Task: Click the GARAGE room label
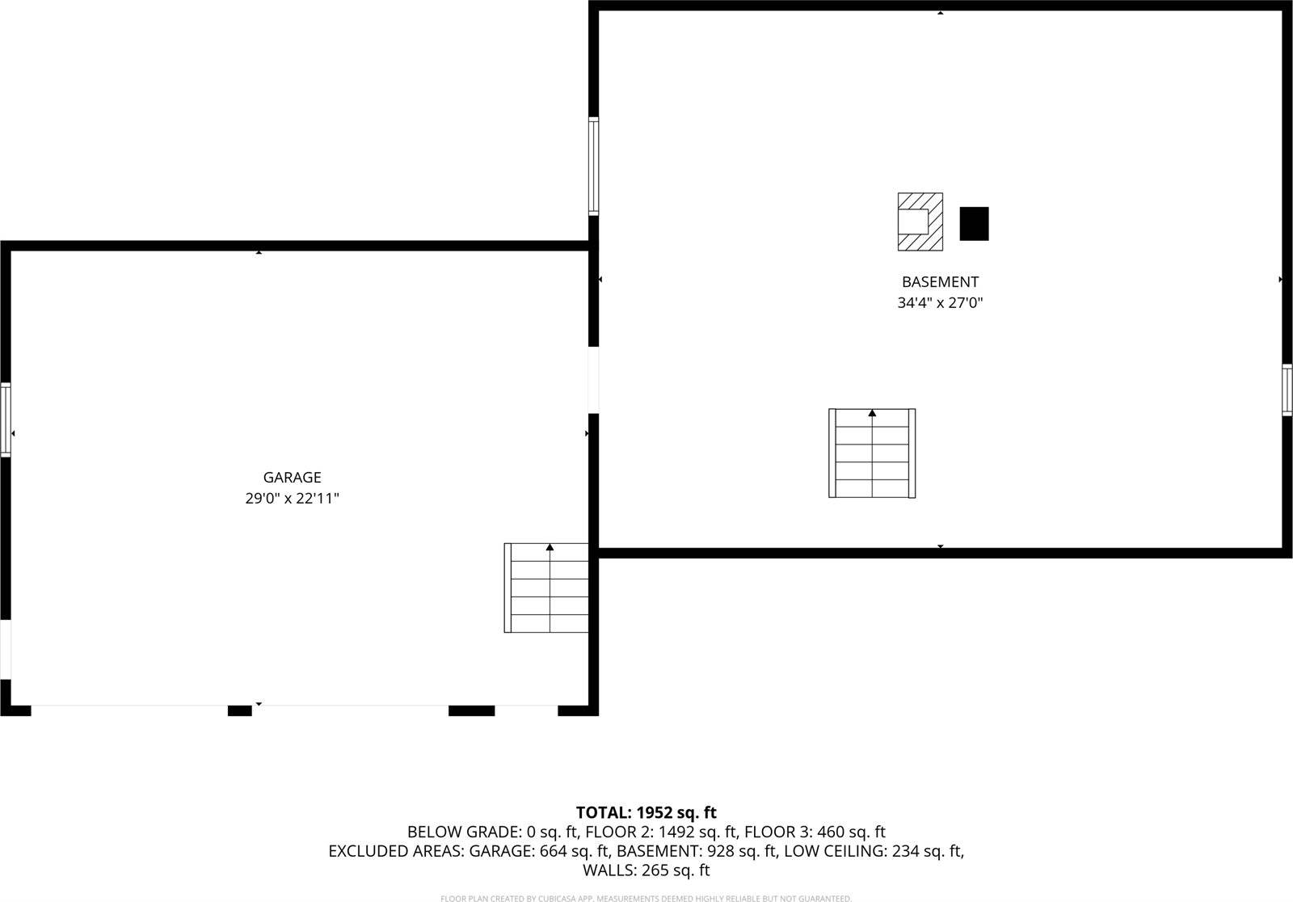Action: point(292,478)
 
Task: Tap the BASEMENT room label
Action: point(940,282)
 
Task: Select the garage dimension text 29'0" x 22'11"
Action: point(292,499)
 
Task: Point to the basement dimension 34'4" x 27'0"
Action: point(940,303)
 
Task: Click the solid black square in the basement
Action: point(974,224)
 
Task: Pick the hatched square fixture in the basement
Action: point(920,221)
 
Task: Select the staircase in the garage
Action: point(547,588)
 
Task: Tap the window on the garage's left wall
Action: point(6,419)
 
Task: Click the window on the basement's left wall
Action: point(593,166)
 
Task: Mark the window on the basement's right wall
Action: point(1287,390)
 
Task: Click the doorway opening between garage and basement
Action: point(593,380)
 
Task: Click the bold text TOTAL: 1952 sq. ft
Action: point(646,813)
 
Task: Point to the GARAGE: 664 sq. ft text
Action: point(539,851)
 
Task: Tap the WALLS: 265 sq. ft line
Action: point(646,870)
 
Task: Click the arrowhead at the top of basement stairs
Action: point(872,413)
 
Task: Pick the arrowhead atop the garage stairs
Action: point(550,547)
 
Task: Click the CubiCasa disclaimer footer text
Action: point(646,898)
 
